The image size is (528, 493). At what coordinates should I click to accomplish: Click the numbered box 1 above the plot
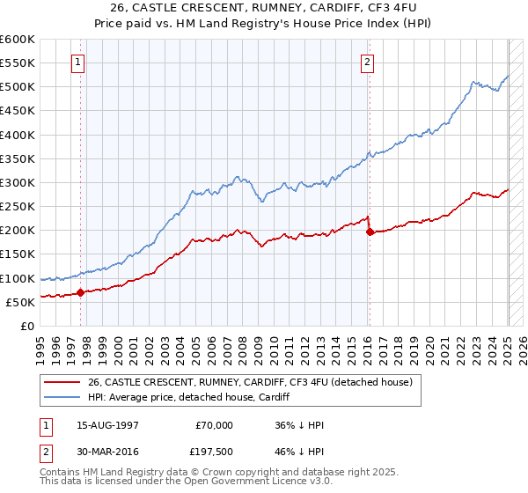(79, 62)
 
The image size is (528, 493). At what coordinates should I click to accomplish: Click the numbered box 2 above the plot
(367, 62)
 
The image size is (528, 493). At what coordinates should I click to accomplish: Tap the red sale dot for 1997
(80, 292)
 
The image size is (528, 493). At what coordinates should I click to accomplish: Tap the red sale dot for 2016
(369, 232)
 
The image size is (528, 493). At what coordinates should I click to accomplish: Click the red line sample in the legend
(62, 381)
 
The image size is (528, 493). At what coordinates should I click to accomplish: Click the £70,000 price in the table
(212, 425)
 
